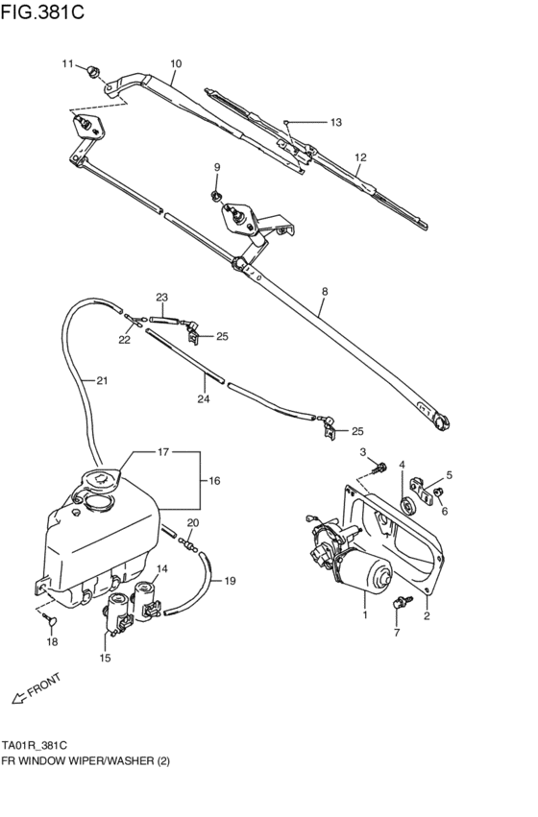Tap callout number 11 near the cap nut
point(68,64)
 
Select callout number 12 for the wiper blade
point(360,158)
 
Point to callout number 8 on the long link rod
point(325,291)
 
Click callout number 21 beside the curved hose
point(101,381)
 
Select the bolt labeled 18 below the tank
point(51,622)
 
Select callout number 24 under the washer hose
point(203,398)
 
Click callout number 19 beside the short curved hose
point(230,581)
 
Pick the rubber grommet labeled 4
point(406,506)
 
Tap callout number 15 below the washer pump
point(105,658)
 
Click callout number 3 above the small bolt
point(364,452)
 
